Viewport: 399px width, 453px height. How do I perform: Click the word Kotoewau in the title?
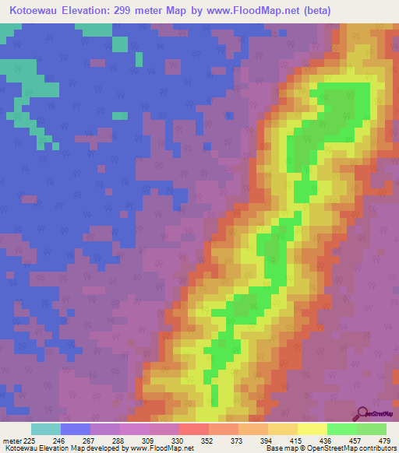[32, 11]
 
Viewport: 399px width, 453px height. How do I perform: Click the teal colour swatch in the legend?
[45, 429]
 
